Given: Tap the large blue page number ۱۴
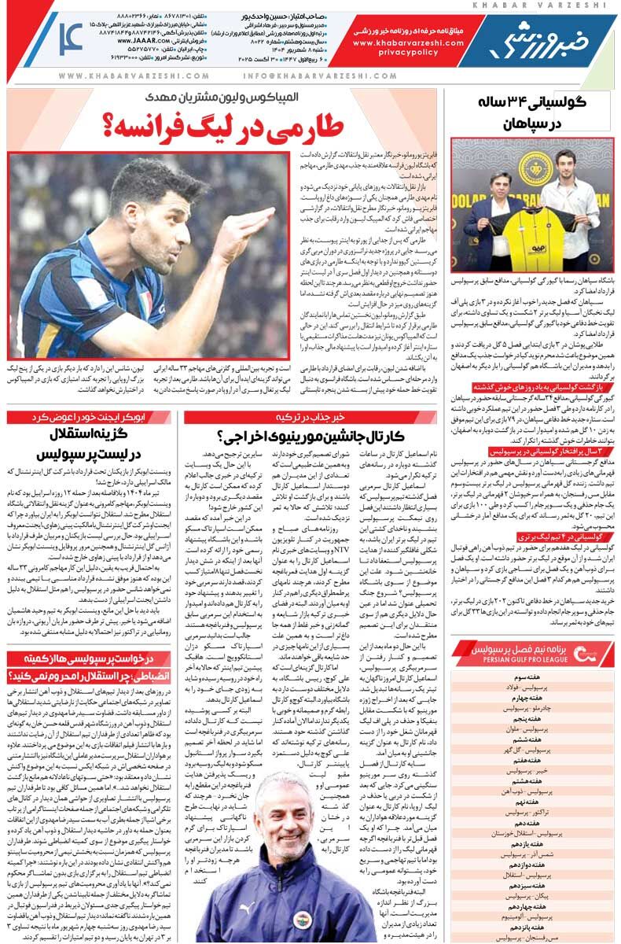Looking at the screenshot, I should click(72, 38).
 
